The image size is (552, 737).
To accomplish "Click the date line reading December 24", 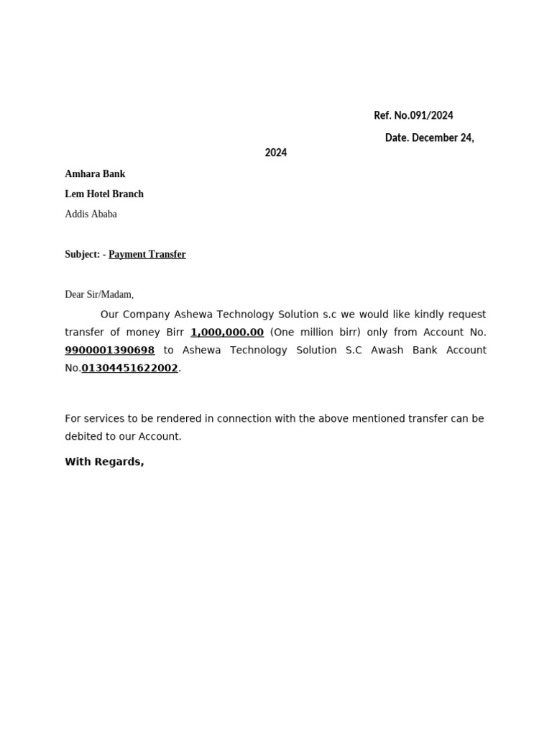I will click(x=429, y=137).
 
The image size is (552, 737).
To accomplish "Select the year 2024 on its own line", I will click(x=275, y=153).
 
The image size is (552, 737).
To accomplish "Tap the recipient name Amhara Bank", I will click(x=95, y=173).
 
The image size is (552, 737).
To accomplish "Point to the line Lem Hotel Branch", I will click(x=104, y=194).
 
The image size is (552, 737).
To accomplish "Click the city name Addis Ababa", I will click(x=91, y=214).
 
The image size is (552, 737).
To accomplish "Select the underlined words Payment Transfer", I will click(x=147, y=254).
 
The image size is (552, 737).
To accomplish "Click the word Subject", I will click(x=81, y=254).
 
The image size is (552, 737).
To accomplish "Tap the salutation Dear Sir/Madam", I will click(x=99, y=294).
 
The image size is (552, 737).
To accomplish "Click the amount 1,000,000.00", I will click(x=227, y=333).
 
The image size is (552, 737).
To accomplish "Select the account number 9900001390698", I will click(x=109, y=351).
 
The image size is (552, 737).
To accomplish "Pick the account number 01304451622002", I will click(x=129, y=368).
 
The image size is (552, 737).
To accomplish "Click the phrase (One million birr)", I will click(x=315, y=333).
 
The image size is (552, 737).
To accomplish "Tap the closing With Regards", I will click(x=104, y=462).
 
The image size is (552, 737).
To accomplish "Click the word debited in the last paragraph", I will click(x=85, y=437).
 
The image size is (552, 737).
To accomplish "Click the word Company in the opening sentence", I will click(x=147, y=315).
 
